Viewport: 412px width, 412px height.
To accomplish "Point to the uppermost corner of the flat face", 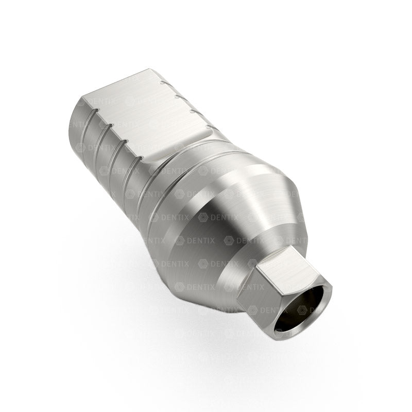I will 151,69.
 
